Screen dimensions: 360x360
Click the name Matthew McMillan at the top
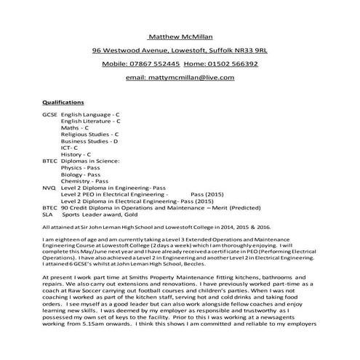[180, 36]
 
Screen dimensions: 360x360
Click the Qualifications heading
[63, 103]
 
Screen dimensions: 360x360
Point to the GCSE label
[50, 116]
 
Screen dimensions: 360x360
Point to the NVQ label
[49, 188]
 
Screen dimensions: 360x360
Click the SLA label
[48, 215]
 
